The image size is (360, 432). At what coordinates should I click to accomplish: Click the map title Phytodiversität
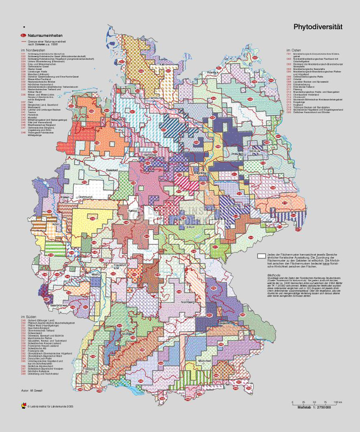coord(318,27)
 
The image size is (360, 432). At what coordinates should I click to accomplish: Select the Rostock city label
coord(212,73)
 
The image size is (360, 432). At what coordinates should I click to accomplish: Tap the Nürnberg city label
coord(187,303)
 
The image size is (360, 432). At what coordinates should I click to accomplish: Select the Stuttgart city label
coord(127,333)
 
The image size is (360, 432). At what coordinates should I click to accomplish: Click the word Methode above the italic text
coord(274,274)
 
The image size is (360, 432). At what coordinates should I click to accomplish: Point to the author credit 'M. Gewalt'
coord(32,389)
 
